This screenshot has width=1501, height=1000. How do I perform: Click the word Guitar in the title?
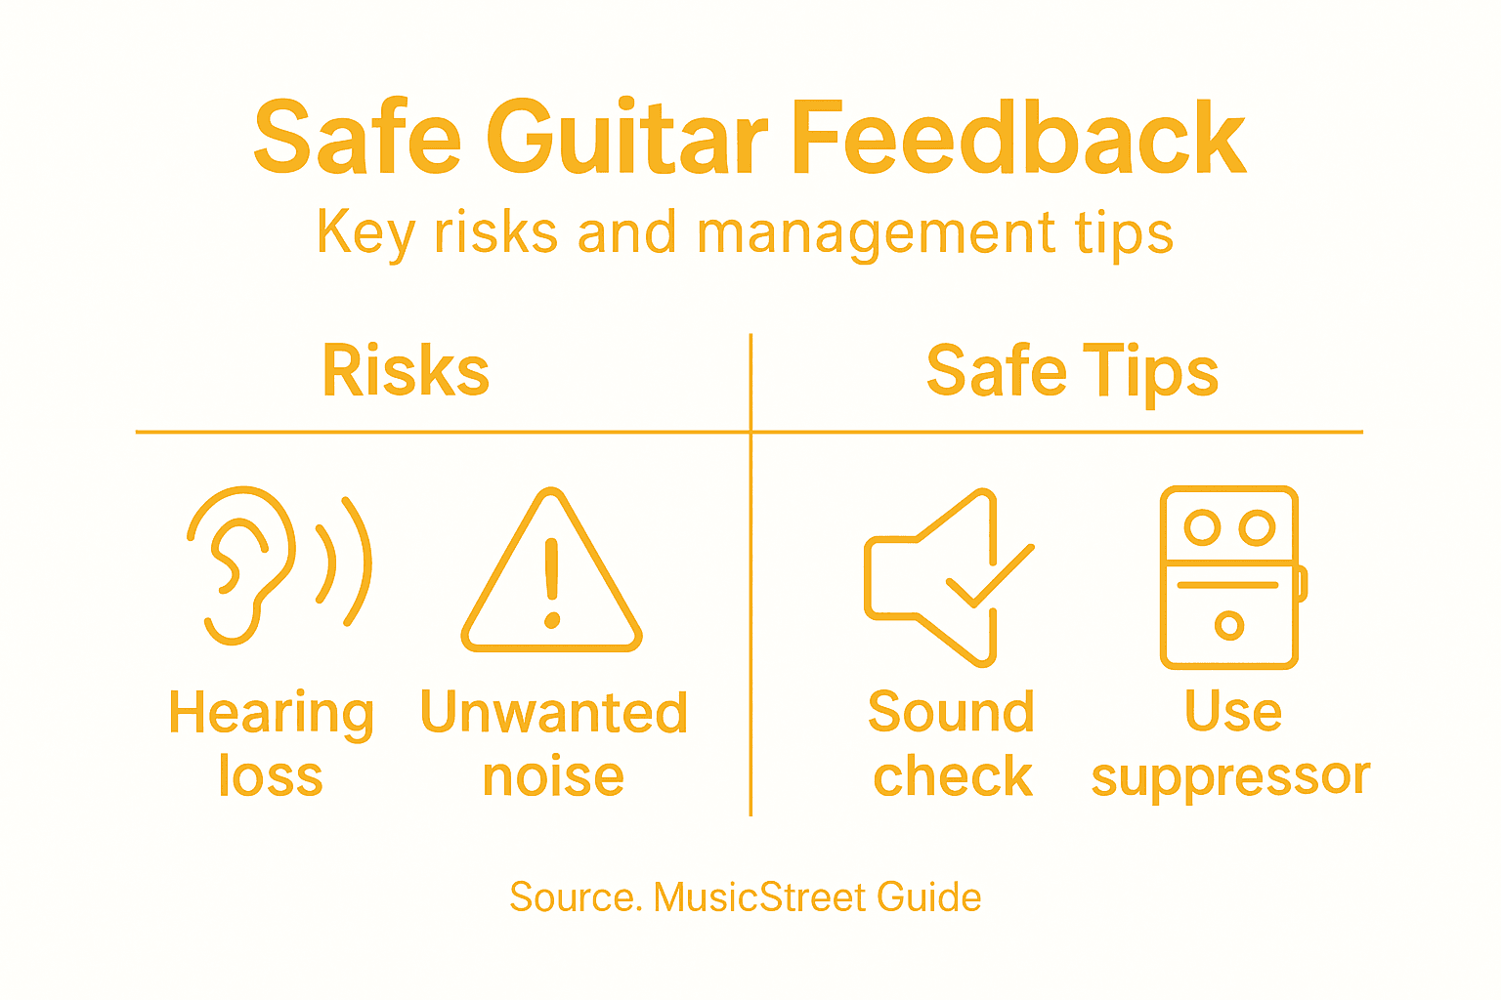click(x=626, y=139)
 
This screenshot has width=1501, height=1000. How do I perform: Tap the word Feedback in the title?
click(x=1018, y=139)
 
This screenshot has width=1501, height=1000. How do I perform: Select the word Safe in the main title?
click(x=357, y=139)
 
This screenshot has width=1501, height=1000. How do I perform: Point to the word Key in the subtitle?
click(x=365, y=234)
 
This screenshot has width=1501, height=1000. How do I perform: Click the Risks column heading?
click(x=406, y=372)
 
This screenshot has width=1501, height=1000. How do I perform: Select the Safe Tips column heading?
click(x=1072, y=372)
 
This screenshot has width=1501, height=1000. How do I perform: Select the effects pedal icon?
click(x=1230, y=577)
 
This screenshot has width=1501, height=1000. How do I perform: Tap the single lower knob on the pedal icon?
click(x=1228, y=625)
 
